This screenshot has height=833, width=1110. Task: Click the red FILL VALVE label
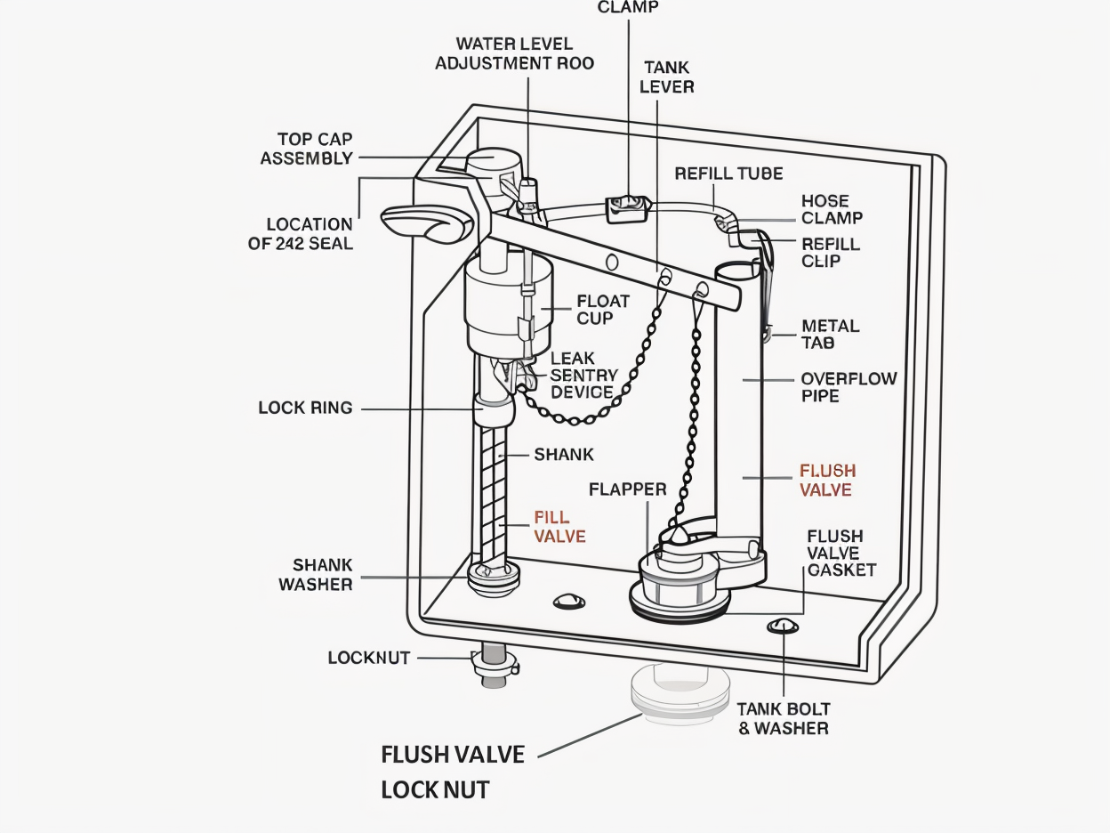pyautogui.click(x=559, y=527)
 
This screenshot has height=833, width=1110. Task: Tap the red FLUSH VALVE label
pyautogui.click(x=827, y=480)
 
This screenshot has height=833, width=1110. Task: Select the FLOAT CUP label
pyautogui.click(x=603, y=310)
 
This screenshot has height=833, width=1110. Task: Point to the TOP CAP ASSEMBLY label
pyautogui.click(x=307, y=149)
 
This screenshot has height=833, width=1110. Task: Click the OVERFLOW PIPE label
pyautogui.click(x=849, y=387)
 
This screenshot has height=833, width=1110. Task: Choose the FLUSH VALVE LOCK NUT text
pyautogui.click(x=453, y=772)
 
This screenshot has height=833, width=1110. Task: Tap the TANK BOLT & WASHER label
pyautogui.click(x=784, y=718)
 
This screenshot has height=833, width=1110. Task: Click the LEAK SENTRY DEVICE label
pyautogui.click(x=583, y=376)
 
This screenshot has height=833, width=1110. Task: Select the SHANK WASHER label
pyautogui.click(x=316, y=575)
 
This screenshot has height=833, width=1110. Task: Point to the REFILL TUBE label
pyautogui.click(x=728, y=174)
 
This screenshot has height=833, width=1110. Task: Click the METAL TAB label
pyautogui.click(x=831, y=335)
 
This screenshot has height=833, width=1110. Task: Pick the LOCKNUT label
pyautogui.click(x=368, y=658)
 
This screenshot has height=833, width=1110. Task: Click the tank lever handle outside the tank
pyautogui.click(x=426, y=224)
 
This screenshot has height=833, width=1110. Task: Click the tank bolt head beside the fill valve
pyautogui.click(x=569, y=602)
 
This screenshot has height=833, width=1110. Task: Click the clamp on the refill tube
pyautogui.click(x=628, y=209)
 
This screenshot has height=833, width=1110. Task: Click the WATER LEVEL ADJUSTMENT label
pyautogui.click(x=514, y=53)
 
